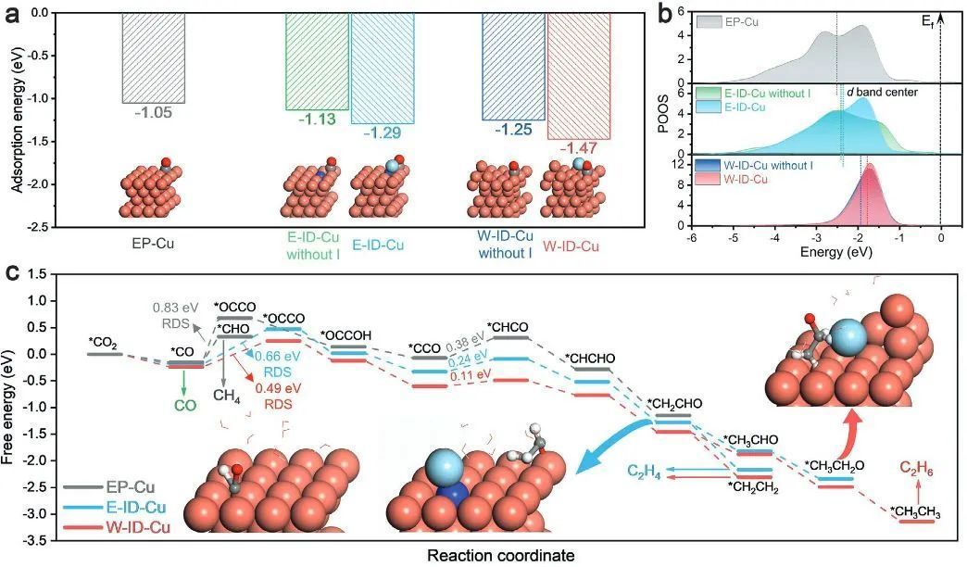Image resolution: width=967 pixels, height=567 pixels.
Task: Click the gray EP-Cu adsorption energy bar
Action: point(154,57)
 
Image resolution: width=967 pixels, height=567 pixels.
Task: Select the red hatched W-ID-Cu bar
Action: point(579,76)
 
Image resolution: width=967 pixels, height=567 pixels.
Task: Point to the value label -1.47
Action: point(579,148)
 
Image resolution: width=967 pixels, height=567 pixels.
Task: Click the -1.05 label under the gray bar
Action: point(153,112)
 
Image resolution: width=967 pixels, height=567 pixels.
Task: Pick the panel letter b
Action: point(664,14)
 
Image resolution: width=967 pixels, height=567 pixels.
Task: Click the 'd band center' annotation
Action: point(882,92)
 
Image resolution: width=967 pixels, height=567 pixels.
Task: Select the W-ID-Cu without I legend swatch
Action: point(708,165)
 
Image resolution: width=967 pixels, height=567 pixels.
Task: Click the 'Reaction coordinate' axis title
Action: point(501,555)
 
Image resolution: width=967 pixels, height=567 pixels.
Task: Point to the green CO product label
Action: point(184,406)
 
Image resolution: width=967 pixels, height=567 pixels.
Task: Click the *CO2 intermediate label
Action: point(103,343)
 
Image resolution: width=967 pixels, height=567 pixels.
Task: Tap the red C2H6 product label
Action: point(916,470)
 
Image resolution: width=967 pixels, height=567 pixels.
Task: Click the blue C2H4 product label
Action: point(645,472)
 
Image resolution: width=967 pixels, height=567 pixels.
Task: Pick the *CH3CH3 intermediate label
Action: point(916,512)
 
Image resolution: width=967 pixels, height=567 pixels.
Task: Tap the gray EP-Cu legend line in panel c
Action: point(82,486)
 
